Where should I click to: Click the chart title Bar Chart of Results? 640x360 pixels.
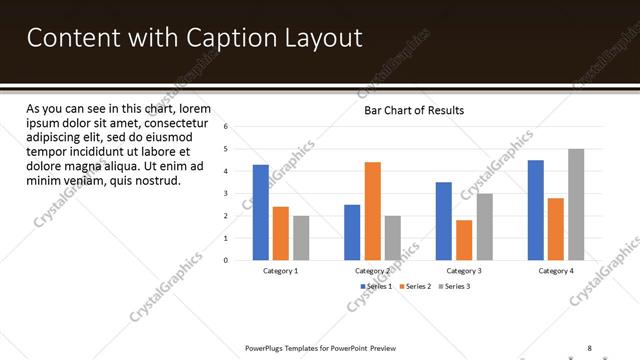pyautogui.click(x=413, y=110)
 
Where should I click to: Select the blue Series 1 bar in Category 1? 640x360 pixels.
pyautogui.click(x=261, y=212)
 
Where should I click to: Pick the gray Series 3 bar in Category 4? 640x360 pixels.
pyautogui.click(x=576, y=204)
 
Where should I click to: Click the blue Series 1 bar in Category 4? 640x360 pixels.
pyautogui.click(x=536, y=210)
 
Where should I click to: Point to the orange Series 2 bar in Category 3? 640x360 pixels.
pyautogui.click(x=464, y=240)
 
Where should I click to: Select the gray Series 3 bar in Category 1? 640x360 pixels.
pyautogui.click(x=301, y=238)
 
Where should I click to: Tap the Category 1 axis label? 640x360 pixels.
pyautogui.click(x=281, y=271)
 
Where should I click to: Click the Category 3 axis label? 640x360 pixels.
pyautogui.click(x=464, y=271)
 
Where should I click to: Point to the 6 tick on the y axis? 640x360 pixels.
pyautogui.click(x=227, y=127)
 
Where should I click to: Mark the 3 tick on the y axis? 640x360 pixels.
pyautogui.click(x=227, y=194)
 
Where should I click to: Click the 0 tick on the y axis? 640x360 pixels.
pyautogui.click(x=227, y=260)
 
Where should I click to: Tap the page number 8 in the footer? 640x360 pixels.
pyautogui.click(x=590, y=347)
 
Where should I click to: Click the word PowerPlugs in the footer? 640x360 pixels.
pyautogui.click(x=267, y=347)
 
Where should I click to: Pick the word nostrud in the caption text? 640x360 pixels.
pyautogui.click(x=154, y=181)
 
